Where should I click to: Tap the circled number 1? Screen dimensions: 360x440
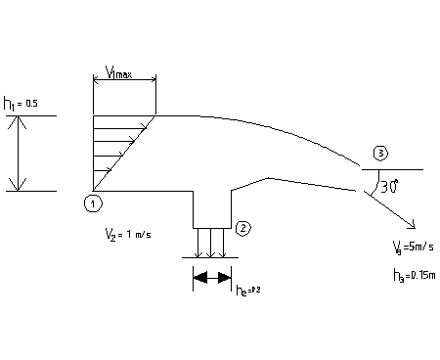coord(92,202)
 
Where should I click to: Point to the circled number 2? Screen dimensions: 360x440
coord(244,228)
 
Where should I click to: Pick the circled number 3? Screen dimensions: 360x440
coord(380,154)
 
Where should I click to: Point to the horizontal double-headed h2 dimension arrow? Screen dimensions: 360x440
coord(212,278)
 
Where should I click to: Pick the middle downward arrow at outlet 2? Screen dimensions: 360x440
coord(212,243)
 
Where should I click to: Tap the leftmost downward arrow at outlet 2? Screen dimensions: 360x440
coord(199,243)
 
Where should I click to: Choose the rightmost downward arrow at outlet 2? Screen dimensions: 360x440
coord(225,243)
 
